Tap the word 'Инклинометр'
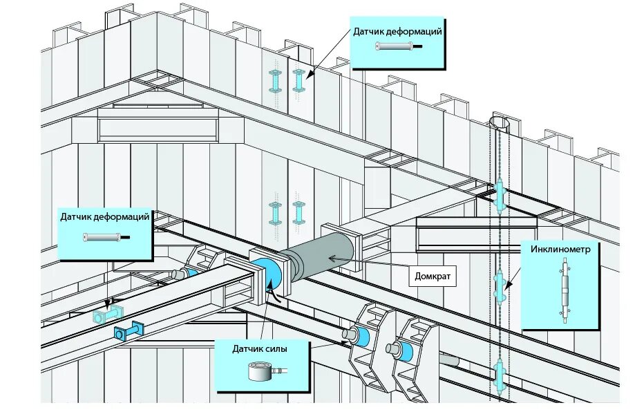(x=560, y=250)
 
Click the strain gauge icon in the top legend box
(x=395, y=47)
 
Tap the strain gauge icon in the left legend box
(x=102, y=238)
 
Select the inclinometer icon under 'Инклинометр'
(x=565, y=290)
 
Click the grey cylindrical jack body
(x=323, y=256)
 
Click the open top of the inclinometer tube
(x=500, y=123)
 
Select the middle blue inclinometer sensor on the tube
(x=500, y=284)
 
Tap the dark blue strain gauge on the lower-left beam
(x=129, y=333)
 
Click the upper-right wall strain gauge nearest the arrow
(x=298, y=80)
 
